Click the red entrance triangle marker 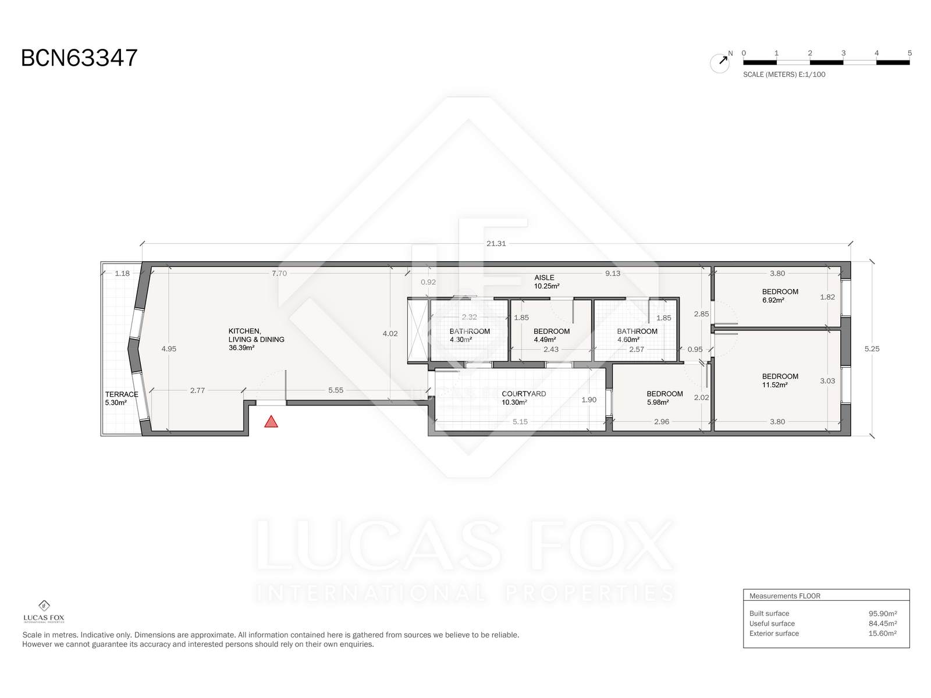coord(271,422)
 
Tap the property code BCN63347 coord(79,58)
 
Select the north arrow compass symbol coord(720,63)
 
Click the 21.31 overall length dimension coord(496,244)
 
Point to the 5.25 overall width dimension coord(872,349)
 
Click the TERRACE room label coord(122,394)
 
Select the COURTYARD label coord(524,394)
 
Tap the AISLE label coord(544,277)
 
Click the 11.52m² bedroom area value coord(774,385)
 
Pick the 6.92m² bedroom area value coord(773,300)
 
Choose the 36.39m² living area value coord(241,348)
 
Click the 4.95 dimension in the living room coord(169,349)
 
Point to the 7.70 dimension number coord(279,273)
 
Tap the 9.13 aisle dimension coord(613,273)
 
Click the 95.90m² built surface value coord(883,613)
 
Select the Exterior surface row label coord(774,633)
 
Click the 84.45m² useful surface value coord(883,624)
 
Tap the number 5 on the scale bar coord(909,53)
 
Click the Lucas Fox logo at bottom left coord(44,611)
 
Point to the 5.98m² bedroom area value coord(658,402)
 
